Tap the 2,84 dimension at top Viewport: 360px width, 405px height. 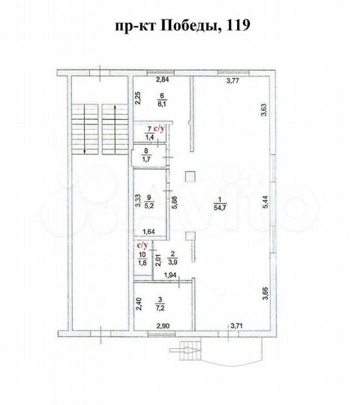coord(162,79)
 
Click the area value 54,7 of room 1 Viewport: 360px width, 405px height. coord(218,205)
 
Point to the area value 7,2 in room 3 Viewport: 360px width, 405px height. coord(161,308)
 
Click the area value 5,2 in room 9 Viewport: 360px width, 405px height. coord(149,205)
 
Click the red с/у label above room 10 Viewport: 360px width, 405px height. coord(141,244)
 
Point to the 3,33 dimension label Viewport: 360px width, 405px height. coord(138,200)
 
